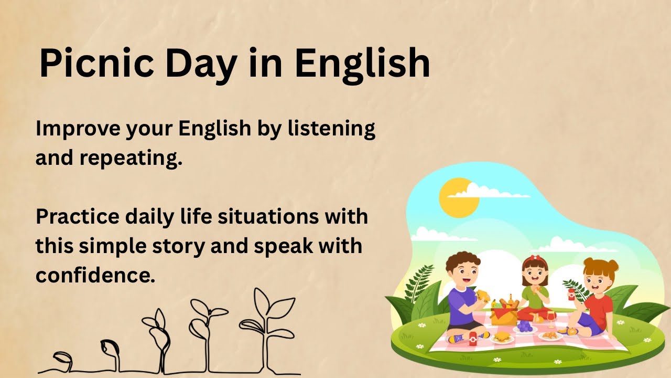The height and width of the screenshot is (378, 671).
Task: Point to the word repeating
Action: click(131, 158)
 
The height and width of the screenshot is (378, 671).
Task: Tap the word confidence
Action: click(95, 275)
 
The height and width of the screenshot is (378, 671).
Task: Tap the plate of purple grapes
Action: click(525, 327)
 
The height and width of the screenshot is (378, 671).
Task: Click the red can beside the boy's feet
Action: click(472, 339)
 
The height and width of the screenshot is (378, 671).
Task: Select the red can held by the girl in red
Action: click(571, 294)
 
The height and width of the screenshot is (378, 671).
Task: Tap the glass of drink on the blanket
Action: click(551, 318)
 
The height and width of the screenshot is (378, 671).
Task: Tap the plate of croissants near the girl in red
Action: click(549, 335)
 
